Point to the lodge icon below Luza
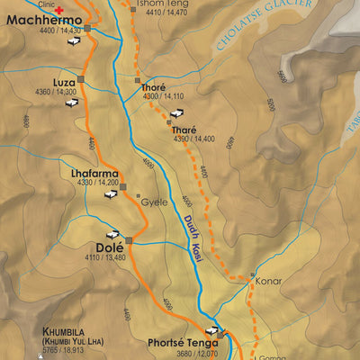pyautogui.click(x=69, y=103)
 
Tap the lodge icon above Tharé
pyautogui.click(x=177, y=113)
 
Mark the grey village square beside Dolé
pyautogui.click(x=130, y=240)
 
